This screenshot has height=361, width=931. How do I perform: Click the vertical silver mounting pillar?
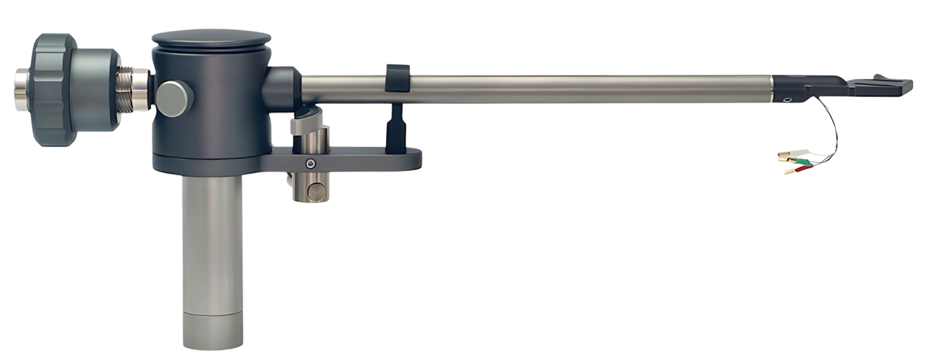212,243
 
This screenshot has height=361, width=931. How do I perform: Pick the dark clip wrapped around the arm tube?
397,77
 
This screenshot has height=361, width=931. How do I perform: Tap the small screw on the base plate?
309,164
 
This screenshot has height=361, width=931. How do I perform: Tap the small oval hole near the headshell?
788,99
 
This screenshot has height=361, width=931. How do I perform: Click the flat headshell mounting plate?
879,86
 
